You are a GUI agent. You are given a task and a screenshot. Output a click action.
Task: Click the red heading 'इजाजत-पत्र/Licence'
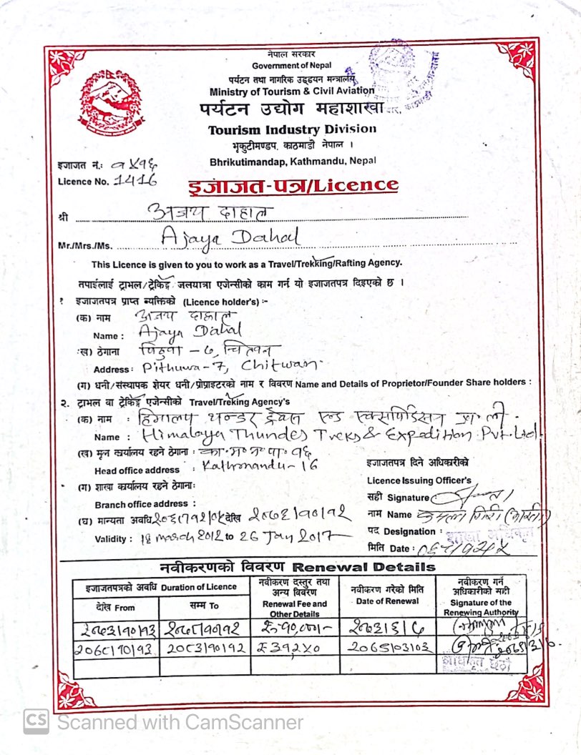coord(293,185)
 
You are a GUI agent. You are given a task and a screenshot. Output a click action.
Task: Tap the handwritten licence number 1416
coord(136,181)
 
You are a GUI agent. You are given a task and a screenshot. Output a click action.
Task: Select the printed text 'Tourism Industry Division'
coord(292,129)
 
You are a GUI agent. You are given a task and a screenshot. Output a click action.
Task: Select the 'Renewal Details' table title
coord(297,567)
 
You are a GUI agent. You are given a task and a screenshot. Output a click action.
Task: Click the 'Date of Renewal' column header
coord(387,601)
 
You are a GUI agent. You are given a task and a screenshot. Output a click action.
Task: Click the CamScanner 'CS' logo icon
coord(36,721)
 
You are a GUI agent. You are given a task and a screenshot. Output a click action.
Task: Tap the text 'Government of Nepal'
coord(291,66)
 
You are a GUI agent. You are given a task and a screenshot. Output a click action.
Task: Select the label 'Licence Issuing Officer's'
coord(419,480)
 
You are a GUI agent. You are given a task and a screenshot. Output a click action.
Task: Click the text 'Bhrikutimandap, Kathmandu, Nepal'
coord(293,162)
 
